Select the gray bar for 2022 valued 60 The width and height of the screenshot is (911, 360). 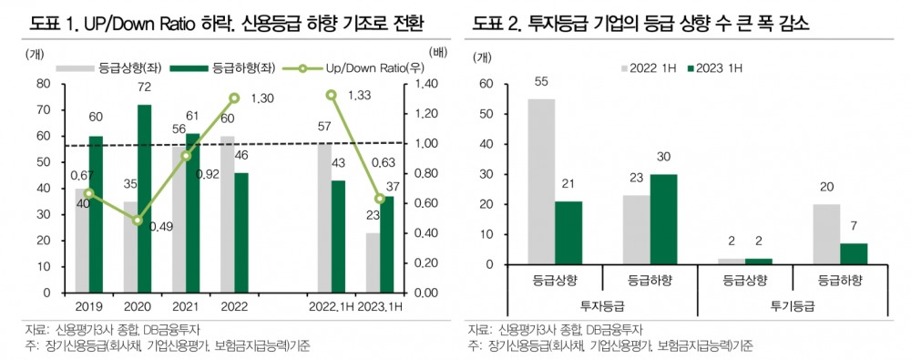(x=227, y=214)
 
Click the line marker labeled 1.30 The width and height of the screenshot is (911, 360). (x=234, y=98)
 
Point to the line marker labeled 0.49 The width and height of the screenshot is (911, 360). (x=138, y=220)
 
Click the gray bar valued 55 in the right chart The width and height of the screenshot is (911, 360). (x=541, y=181)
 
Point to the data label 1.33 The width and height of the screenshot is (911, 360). (x=359, y=94)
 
